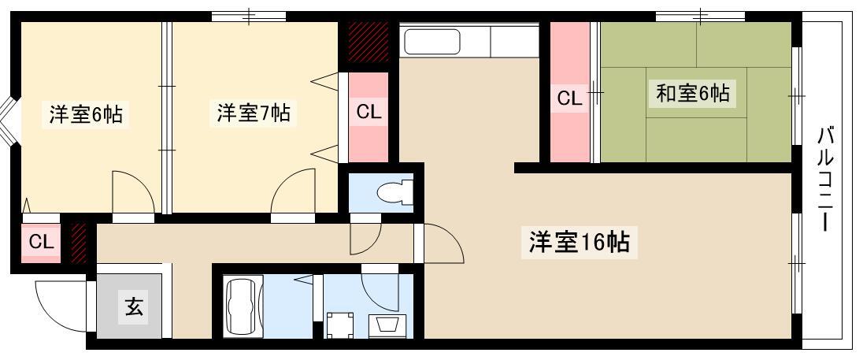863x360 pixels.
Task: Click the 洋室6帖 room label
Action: click(86, 116)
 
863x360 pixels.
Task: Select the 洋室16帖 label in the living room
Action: click(580, 242)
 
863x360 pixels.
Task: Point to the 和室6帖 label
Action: click(693, 93)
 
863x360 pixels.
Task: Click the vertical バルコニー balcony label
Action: click(824, 179)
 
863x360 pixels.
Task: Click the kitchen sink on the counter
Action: click(432, 42)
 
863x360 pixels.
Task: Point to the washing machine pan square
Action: click(340, 325)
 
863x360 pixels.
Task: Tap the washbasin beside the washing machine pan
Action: click(389, 326)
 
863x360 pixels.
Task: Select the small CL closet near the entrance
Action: click(41, 242)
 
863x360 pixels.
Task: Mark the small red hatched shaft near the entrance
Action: click(79, 242)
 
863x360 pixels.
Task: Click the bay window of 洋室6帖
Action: click(6, 122)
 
